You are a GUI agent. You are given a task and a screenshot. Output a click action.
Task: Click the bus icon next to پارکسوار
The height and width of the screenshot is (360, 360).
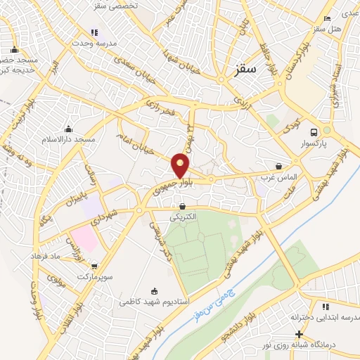click(x=314, y=131)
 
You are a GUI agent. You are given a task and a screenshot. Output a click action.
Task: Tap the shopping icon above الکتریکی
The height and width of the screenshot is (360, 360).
click(x=183, y=207)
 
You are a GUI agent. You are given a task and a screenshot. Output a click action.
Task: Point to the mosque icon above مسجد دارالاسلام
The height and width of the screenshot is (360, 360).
click(x=68, y=129)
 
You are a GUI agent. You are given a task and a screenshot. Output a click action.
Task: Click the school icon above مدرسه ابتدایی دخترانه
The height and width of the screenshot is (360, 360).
click(x=325, y=307)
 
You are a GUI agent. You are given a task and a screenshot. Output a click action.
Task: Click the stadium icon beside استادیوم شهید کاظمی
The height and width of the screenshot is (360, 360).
click(x=155, y=290)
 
